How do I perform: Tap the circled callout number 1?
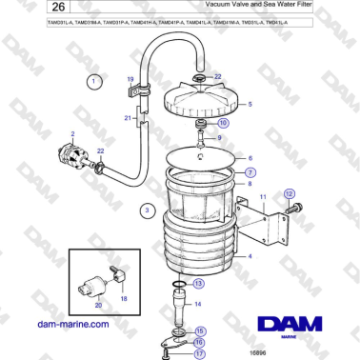tap(93, 83)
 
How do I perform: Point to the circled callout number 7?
tap(250, 172)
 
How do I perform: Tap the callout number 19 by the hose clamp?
tap(130, 79)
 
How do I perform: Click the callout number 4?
tap(250, 257)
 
